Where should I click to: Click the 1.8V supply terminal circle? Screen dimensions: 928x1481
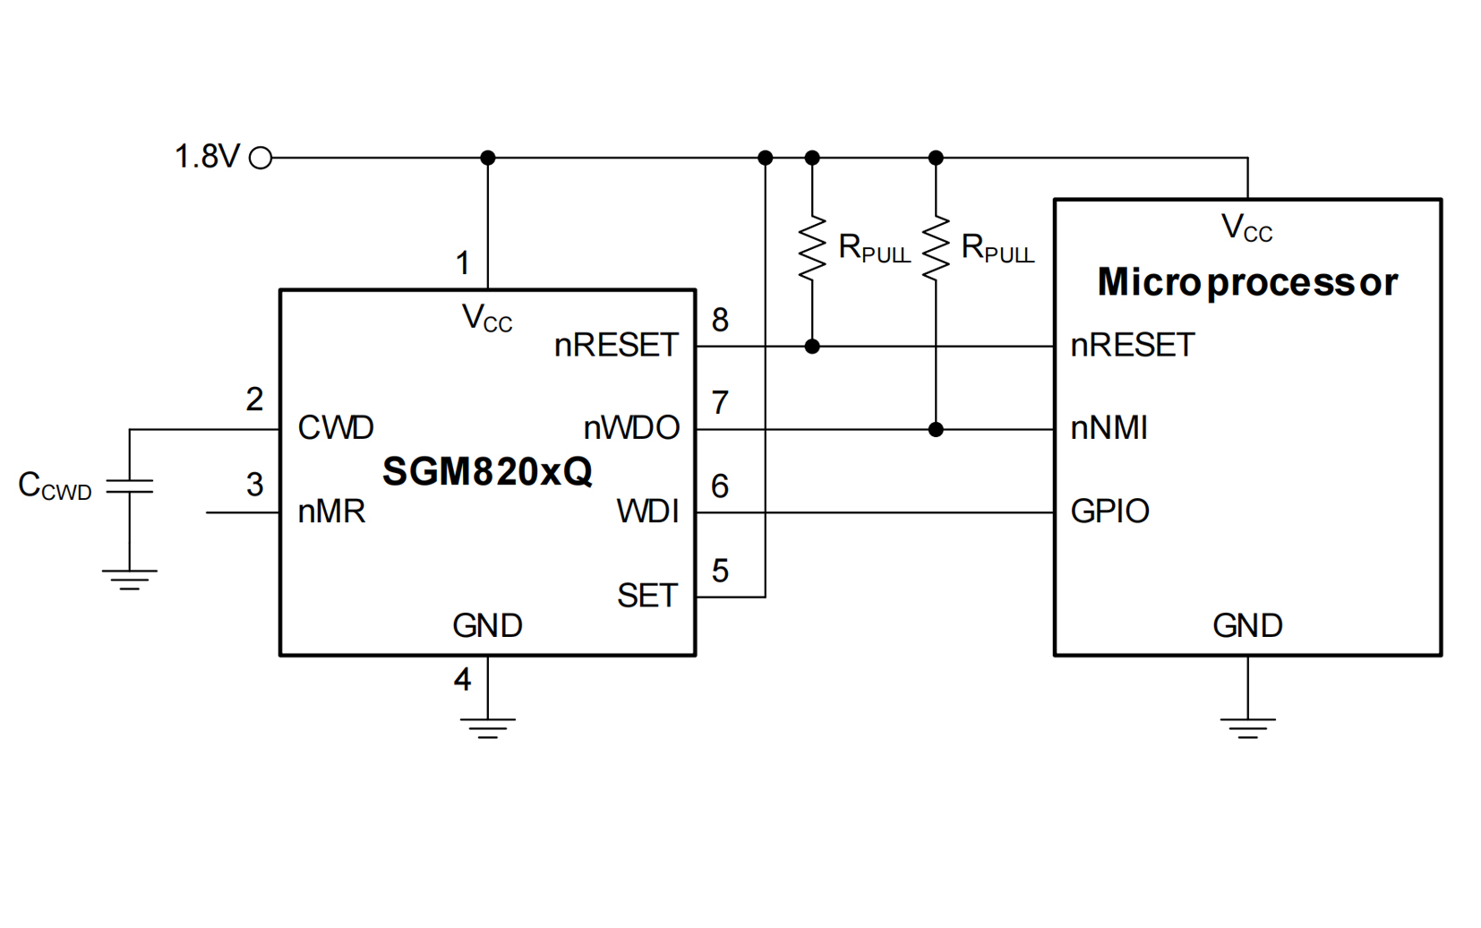pos(261,159)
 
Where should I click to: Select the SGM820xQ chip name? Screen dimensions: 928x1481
pos(487,471)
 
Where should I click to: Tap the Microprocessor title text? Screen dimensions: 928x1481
pos(1247,282)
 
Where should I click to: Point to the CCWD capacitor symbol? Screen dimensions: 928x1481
pos(130,486)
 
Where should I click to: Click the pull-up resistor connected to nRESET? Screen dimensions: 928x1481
pos(812,248)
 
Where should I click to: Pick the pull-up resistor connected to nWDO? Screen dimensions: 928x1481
pos(936,248)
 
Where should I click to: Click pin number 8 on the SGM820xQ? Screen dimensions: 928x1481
pos(720,320)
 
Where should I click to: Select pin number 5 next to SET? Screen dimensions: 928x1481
pos(720,571)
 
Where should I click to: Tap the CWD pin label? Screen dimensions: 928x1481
pos(336,428)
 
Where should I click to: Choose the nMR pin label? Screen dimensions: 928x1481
pos(331,511)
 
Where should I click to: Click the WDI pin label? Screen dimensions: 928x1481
pos(648,511)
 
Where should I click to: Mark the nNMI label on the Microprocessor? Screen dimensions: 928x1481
pos(1109,428)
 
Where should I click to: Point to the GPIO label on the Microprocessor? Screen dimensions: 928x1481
pos(1110,511)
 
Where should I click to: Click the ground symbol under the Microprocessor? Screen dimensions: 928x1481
pos(1247,726)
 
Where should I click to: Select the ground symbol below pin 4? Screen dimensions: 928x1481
pos(487,726)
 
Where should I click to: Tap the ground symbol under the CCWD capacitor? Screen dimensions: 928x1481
pos(130,579)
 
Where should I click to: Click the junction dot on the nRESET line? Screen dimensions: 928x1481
pos(812,346)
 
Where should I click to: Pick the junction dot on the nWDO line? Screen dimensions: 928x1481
pos(936,429)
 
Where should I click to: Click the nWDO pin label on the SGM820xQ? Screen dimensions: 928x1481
pos(631,428)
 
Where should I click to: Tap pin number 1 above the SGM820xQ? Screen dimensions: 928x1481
pos(462,263)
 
